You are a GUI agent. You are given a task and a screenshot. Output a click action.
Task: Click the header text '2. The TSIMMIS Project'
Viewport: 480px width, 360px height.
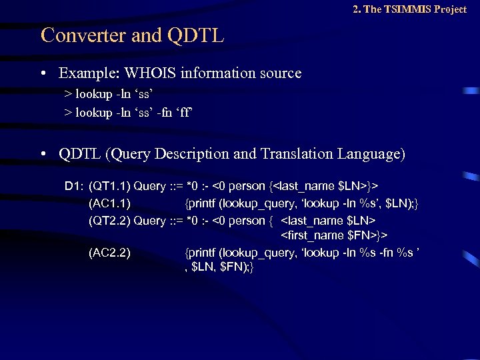click(409, 9)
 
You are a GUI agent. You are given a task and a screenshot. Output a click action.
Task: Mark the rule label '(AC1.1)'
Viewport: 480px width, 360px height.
click(109, 203)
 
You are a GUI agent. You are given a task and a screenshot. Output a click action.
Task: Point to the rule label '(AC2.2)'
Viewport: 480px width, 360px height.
click(109, 253)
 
